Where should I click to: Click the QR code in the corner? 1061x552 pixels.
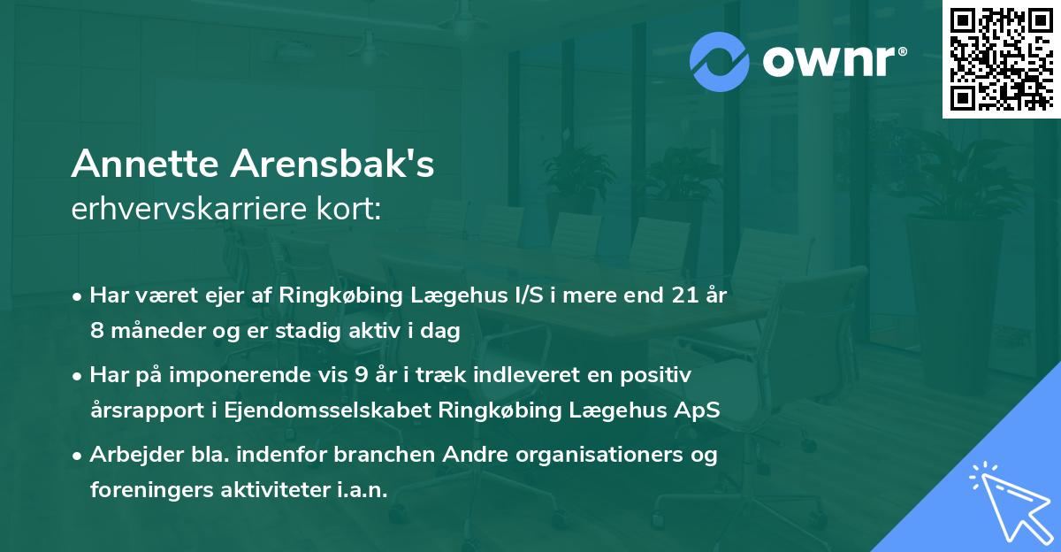[1001, 58]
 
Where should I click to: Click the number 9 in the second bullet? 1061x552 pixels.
[361, 375]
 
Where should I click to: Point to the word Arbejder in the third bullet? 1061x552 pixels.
[129, 455]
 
